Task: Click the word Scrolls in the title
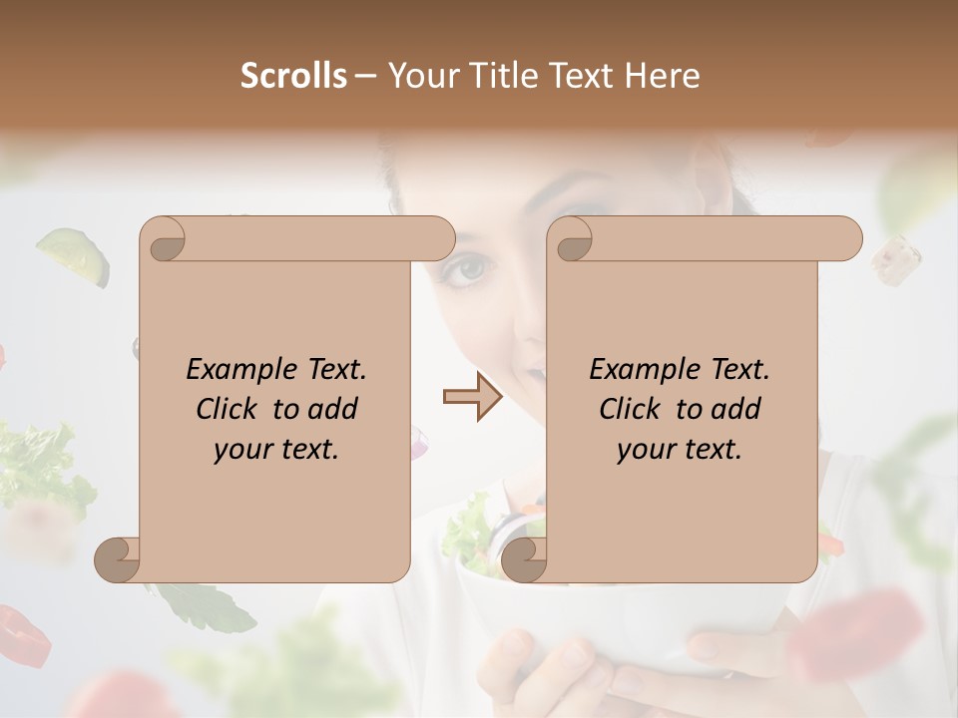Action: coord(293,75)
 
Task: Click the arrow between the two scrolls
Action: coord(472,397)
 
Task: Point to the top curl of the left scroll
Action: coord(164,239)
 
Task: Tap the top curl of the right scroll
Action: coord(571,239)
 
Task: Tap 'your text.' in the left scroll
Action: coord(276,449)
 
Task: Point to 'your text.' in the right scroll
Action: coord(680,449)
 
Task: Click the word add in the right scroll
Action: coord(737,409)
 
